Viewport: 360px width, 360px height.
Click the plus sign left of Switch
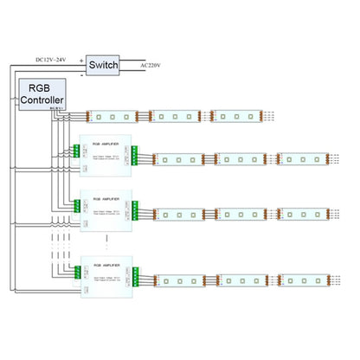(82, 61)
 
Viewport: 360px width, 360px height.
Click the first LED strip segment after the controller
(114, 115)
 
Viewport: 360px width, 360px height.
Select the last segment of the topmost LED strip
(237, 115)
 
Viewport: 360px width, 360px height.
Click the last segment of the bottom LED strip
(302, 281)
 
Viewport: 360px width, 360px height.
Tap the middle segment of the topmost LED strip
(176, 115)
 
